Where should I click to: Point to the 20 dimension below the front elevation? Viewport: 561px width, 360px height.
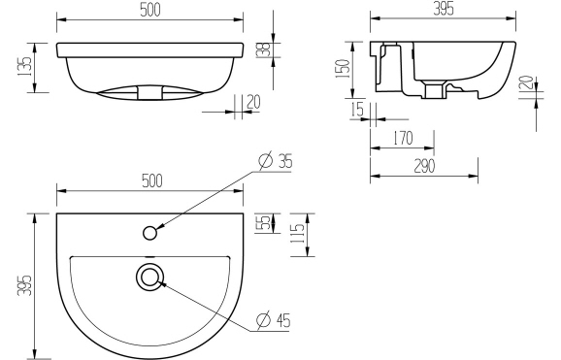(x=253, y=102)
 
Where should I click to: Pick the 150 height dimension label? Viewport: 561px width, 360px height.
(x=342, y=69)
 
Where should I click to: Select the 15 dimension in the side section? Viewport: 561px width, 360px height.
(x=357, y=110)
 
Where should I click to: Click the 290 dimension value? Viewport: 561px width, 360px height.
(x=424, y=166)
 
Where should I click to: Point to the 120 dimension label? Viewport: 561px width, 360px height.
(x=524, y=86)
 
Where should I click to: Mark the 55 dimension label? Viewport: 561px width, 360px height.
(x=262, y=223)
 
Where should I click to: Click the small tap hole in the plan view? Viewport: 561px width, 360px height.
(x=149, y=232)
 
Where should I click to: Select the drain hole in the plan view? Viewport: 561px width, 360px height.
(x=149, y=277)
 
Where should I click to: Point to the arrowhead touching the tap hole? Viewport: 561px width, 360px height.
(x=158, y=227)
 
